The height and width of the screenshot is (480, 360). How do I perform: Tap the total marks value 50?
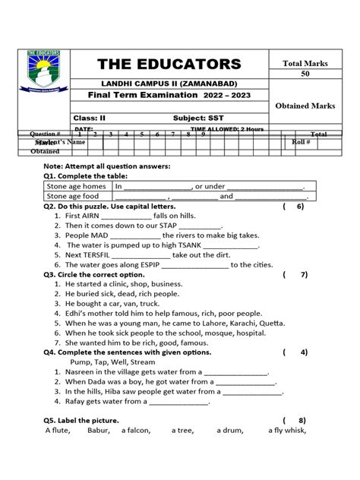(305, 74)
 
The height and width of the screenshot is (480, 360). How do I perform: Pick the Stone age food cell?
(73, 196)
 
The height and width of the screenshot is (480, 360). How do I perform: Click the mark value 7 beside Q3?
(303, 274)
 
